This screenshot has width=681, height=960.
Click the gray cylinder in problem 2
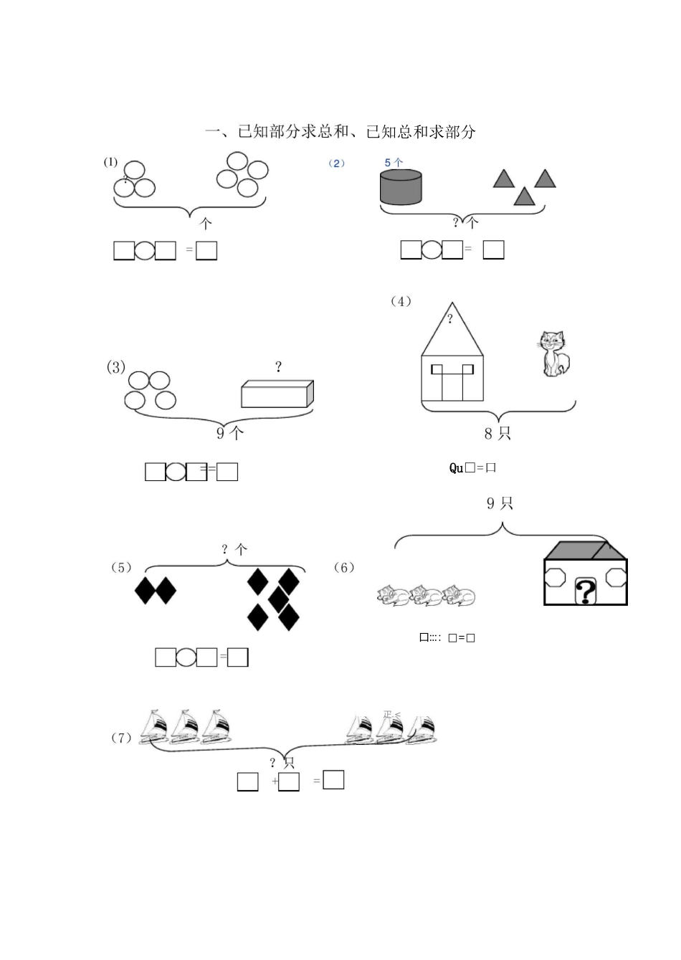[401, 187]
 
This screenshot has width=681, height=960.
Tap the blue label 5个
[394, 163]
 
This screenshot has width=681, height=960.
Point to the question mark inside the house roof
[450, 319]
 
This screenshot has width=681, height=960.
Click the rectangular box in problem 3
[277, 394]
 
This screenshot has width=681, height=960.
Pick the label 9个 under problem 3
[230, 432]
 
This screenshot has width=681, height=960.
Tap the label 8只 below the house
[497, 433]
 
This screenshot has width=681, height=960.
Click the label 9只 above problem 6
[500, 503]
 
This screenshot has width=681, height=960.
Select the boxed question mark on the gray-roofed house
[586, 592]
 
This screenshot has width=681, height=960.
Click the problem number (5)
[121, 568]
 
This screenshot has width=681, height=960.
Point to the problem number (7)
[121, 738]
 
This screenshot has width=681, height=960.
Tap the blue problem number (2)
[337, 163]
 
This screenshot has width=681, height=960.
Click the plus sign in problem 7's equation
[275, 781]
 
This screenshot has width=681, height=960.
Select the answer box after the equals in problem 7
[333, 779]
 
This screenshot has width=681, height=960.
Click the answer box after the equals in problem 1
[206, 250]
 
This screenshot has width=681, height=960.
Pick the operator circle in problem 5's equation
[186, 657]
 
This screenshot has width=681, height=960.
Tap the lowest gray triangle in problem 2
[525, 196]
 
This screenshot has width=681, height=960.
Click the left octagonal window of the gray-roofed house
[556, 577]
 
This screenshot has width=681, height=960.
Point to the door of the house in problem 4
[452, 383]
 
